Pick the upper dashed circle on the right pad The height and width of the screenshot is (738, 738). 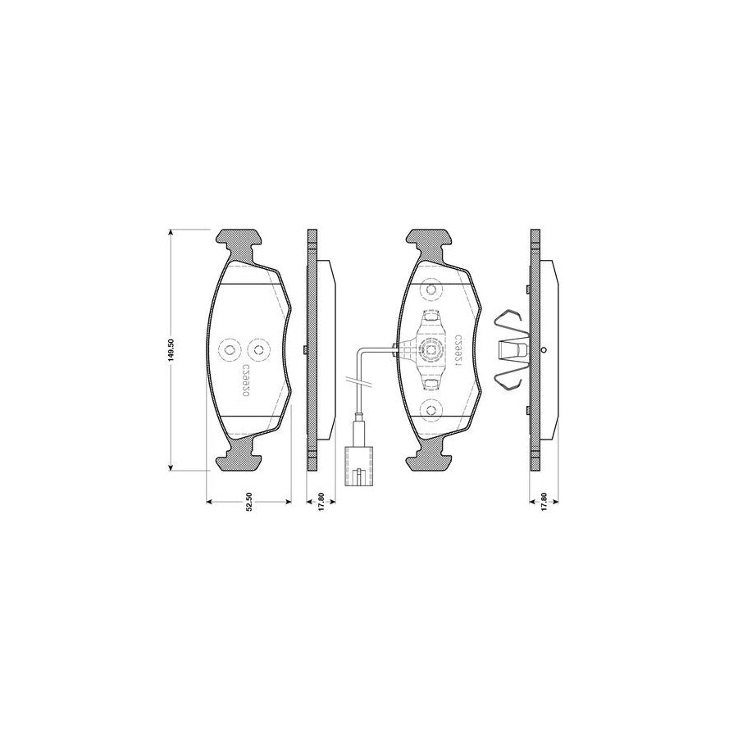(x=430, y=291)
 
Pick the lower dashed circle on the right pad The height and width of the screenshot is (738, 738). (x=430, y=409)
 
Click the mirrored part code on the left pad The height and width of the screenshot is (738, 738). (x=245, y=382)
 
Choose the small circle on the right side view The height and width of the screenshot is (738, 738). (x=545, y=350)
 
